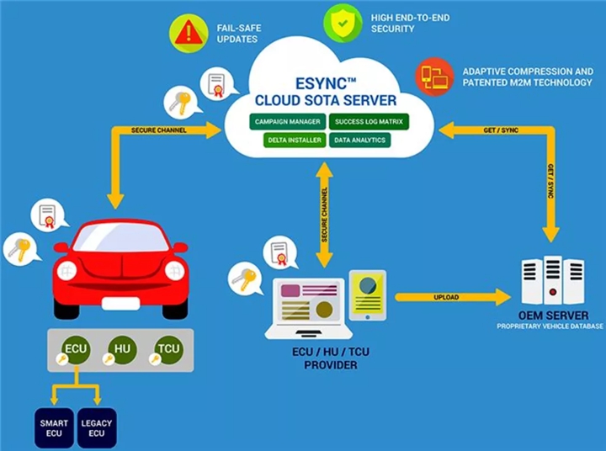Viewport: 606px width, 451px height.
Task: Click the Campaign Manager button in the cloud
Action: click(x=286, y=122)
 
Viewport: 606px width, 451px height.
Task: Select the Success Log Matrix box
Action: click(x=369, y=122)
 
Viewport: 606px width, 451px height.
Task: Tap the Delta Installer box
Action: click(x=286, y=140)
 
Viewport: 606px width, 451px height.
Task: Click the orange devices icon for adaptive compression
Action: click(x=434, y=77)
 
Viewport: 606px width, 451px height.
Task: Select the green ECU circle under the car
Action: click(x=77, y=349)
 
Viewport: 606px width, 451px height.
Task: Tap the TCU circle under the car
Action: click(x=168, y=349)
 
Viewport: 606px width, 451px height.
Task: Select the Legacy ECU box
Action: click(x=96, y=427)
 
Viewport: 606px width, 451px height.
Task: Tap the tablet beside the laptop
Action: click(x=367, y=294)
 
